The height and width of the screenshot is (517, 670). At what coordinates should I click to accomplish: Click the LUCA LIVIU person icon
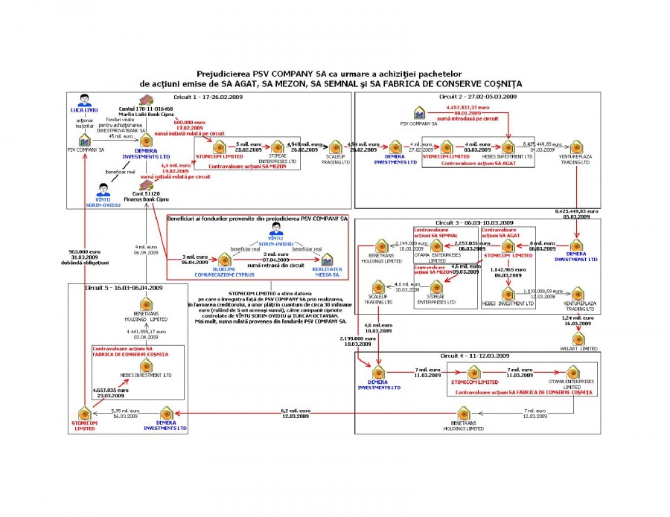(x=84, y=100)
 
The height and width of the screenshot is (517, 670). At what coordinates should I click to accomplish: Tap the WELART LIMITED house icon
(x=577, y=338)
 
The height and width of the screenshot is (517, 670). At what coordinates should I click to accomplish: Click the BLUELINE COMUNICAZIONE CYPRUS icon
(x=220, y=258)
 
